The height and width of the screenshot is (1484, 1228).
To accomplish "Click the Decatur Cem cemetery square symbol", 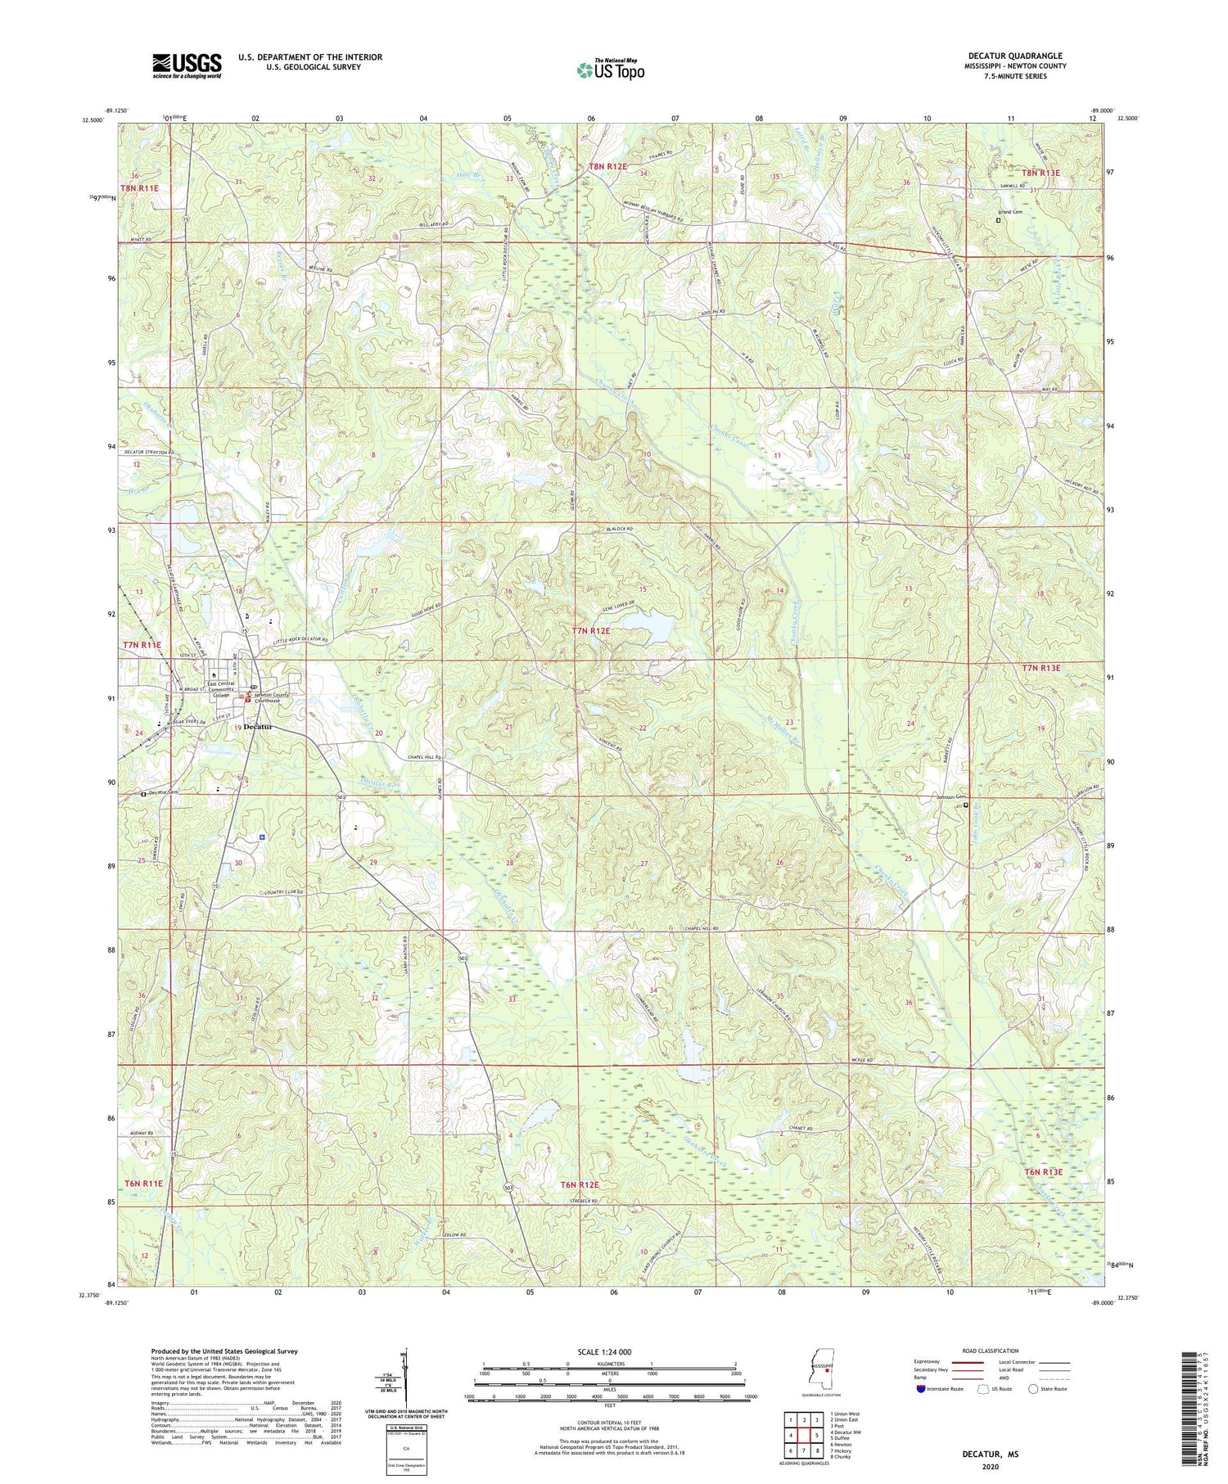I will pos(143,793).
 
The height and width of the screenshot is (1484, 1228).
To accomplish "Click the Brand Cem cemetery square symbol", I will pos(997,219).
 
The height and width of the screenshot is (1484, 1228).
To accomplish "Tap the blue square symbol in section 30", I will pos(261,837).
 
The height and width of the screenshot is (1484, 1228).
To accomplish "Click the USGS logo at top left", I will pos(187,65).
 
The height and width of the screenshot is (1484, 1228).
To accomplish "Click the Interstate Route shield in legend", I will pos(921,1389).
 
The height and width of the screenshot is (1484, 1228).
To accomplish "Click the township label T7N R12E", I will pos(591,631).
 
